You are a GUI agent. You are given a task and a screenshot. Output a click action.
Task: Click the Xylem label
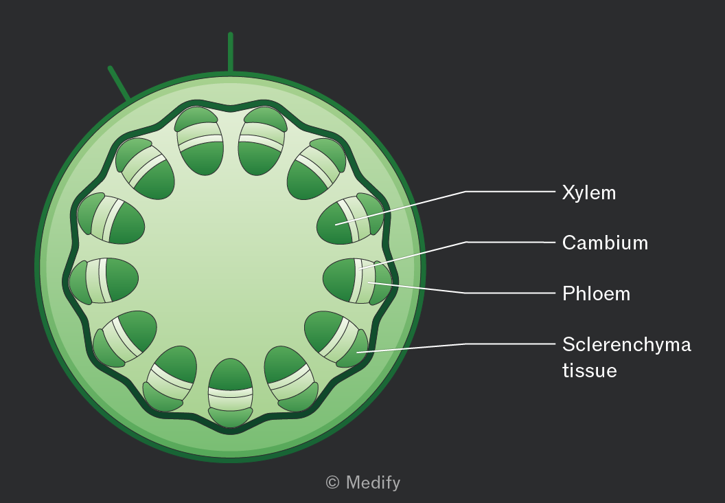[x=588, y=193]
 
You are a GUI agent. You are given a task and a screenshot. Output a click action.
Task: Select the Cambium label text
[x=605, y=243]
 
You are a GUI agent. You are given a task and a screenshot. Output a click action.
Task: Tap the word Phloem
[x=596, y=293]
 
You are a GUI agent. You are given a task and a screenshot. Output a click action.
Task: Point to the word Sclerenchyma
[x=627, y=345]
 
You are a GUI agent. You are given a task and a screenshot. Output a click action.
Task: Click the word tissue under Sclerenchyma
[x=590, y=370]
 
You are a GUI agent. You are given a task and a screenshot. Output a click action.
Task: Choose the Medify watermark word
[x=373, y=482]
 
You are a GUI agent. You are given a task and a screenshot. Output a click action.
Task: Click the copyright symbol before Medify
[x=332, y=482]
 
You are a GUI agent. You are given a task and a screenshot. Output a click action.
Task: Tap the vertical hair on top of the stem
[x=230, y=52]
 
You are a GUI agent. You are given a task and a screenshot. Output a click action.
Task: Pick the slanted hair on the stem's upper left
[x=119, y=83]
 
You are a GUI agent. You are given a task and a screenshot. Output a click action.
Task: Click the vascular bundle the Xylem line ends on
[x=350, y=219]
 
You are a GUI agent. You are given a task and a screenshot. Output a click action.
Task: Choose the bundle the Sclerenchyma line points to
[x=336, y=339]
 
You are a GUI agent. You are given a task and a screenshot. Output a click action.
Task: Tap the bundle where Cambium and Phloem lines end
[x=357, y=281]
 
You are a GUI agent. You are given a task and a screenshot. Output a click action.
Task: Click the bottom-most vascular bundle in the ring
[x=230, y=392]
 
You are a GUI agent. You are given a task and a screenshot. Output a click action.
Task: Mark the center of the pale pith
[x=230, y=266]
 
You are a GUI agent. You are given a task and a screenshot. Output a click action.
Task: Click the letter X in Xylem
[x=568, y=192]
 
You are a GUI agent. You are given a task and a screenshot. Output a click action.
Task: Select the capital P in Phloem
[x=568, y=293]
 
